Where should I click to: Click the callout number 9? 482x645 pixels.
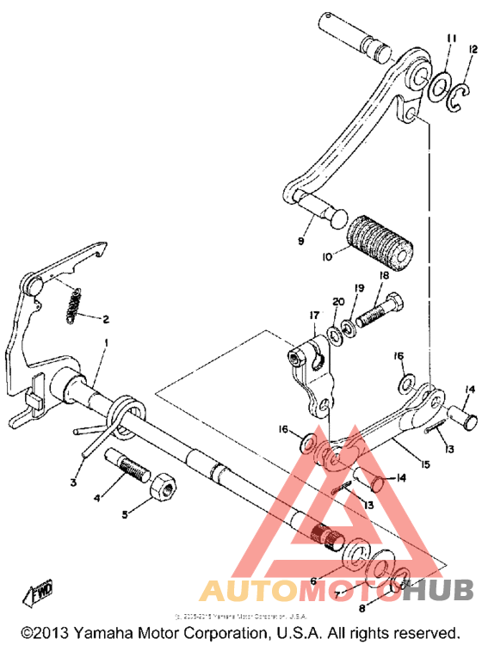pyautogui.click(x=301, y=242)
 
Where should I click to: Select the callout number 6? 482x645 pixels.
pyautogui.click(x=313, y=558)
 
